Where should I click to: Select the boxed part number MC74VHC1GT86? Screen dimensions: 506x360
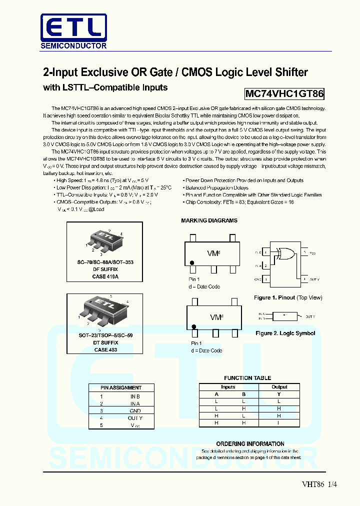click(284, 93)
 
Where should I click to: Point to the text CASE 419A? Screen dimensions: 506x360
click(105, 276)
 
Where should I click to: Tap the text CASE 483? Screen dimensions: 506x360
click(105, 349)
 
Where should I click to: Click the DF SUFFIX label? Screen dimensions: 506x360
click(105, 269)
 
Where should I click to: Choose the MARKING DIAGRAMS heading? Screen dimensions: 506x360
click(209, 220)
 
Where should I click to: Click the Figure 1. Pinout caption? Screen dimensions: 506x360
click(288, 297)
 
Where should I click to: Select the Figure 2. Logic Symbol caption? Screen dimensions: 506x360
click(285, 333)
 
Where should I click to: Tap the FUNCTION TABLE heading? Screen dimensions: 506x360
click(247, 378)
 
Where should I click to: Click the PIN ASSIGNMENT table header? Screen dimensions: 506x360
click(121, 387)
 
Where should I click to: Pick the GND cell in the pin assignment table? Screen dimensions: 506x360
click(135, 410)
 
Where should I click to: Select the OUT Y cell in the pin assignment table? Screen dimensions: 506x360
click(135, 418)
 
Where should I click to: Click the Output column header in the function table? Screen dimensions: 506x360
click(279, 387)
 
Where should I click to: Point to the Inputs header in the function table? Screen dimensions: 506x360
click(228, 387)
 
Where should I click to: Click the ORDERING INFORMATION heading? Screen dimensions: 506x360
click(250, 443)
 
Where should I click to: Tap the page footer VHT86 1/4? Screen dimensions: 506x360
click(316, 483)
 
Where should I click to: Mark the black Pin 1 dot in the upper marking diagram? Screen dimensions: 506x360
click(191, 262)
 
